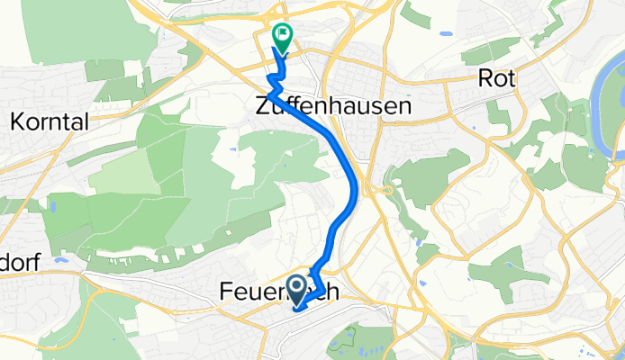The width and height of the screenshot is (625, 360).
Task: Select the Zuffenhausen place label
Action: tap(332, 105)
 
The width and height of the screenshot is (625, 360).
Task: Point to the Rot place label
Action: tap(498, 79)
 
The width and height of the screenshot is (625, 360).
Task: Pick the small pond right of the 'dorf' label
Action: tap(59, 260)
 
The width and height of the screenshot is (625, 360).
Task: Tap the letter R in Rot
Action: tap(486, 79)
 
